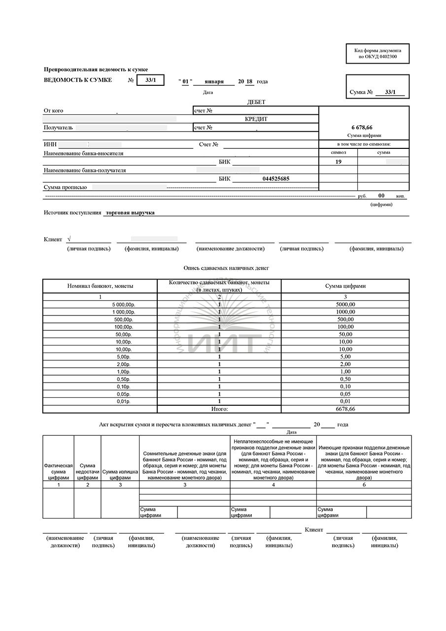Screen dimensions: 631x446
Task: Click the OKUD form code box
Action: (377, 53)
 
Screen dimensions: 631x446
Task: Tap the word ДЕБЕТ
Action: (256, 102)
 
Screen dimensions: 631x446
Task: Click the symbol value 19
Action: (338, 161)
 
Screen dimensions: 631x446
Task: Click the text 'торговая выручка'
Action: (130, 212)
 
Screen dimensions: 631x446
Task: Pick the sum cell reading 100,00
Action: (345, 327)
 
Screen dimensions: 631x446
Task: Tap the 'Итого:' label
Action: (219, 409)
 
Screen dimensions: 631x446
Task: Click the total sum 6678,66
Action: (345, 409)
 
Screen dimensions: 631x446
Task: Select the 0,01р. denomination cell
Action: (126, 401)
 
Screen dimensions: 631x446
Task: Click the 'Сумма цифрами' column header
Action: (345, 286)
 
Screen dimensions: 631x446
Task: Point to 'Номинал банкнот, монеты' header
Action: (100, 286)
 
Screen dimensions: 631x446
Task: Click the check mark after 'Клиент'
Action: (69, 239)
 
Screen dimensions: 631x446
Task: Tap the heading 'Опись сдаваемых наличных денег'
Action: (226, 268)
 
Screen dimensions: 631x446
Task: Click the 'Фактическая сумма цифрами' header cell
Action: (58, 471)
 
